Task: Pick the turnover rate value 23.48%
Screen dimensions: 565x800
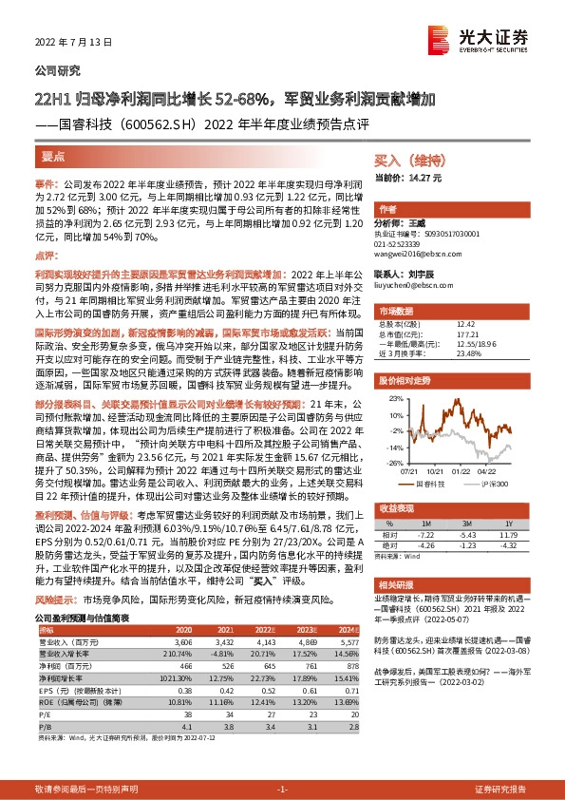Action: point(470,352)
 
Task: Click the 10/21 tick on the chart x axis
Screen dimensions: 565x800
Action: point(438,468)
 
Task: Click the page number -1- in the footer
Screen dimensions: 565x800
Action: point(282,790)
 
